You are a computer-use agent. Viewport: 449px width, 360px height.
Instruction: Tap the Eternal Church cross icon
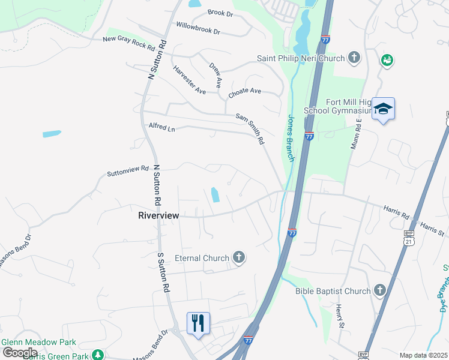(x=239, y=259)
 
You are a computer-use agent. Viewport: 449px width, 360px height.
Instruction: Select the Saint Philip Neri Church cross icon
(x=354, y=58)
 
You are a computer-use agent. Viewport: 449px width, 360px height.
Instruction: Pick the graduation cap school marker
(x=383, y=109)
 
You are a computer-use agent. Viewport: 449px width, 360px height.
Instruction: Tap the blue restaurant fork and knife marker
(x=198, y=323)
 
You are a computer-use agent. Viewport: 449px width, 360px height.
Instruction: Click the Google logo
(x=19, y=353)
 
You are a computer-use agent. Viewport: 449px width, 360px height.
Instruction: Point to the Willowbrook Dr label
(x=198, y=26)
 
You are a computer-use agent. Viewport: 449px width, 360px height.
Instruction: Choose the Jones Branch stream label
(x=291, y=137)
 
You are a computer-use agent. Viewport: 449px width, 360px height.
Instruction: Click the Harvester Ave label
(x=189, y=80)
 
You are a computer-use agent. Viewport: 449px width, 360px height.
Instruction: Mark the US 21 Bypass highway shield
(x=409, y=239)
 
